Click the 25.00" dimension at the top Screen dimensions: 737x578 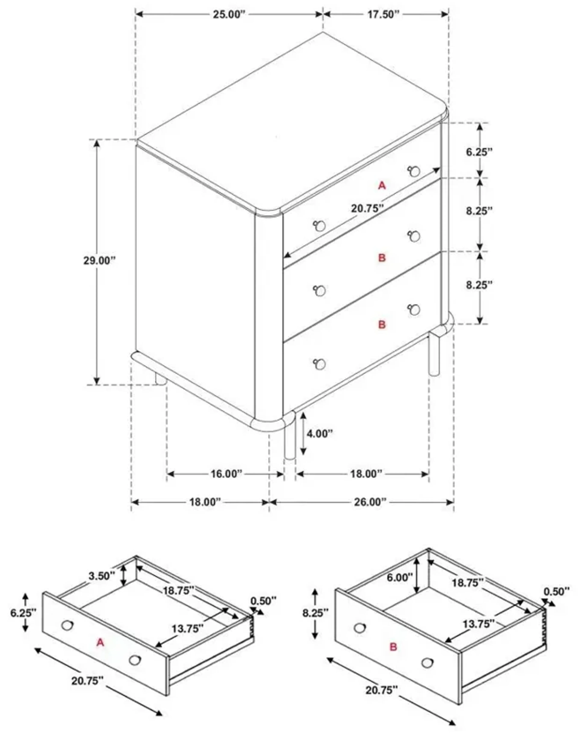click(228, 15)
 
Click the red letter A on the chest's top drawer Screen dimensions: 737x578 click(382, 186)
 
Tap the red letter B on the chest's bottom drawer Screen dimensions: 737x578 click(382, 325)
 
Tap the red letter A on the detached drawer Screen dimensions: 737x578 click(100, 642)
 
